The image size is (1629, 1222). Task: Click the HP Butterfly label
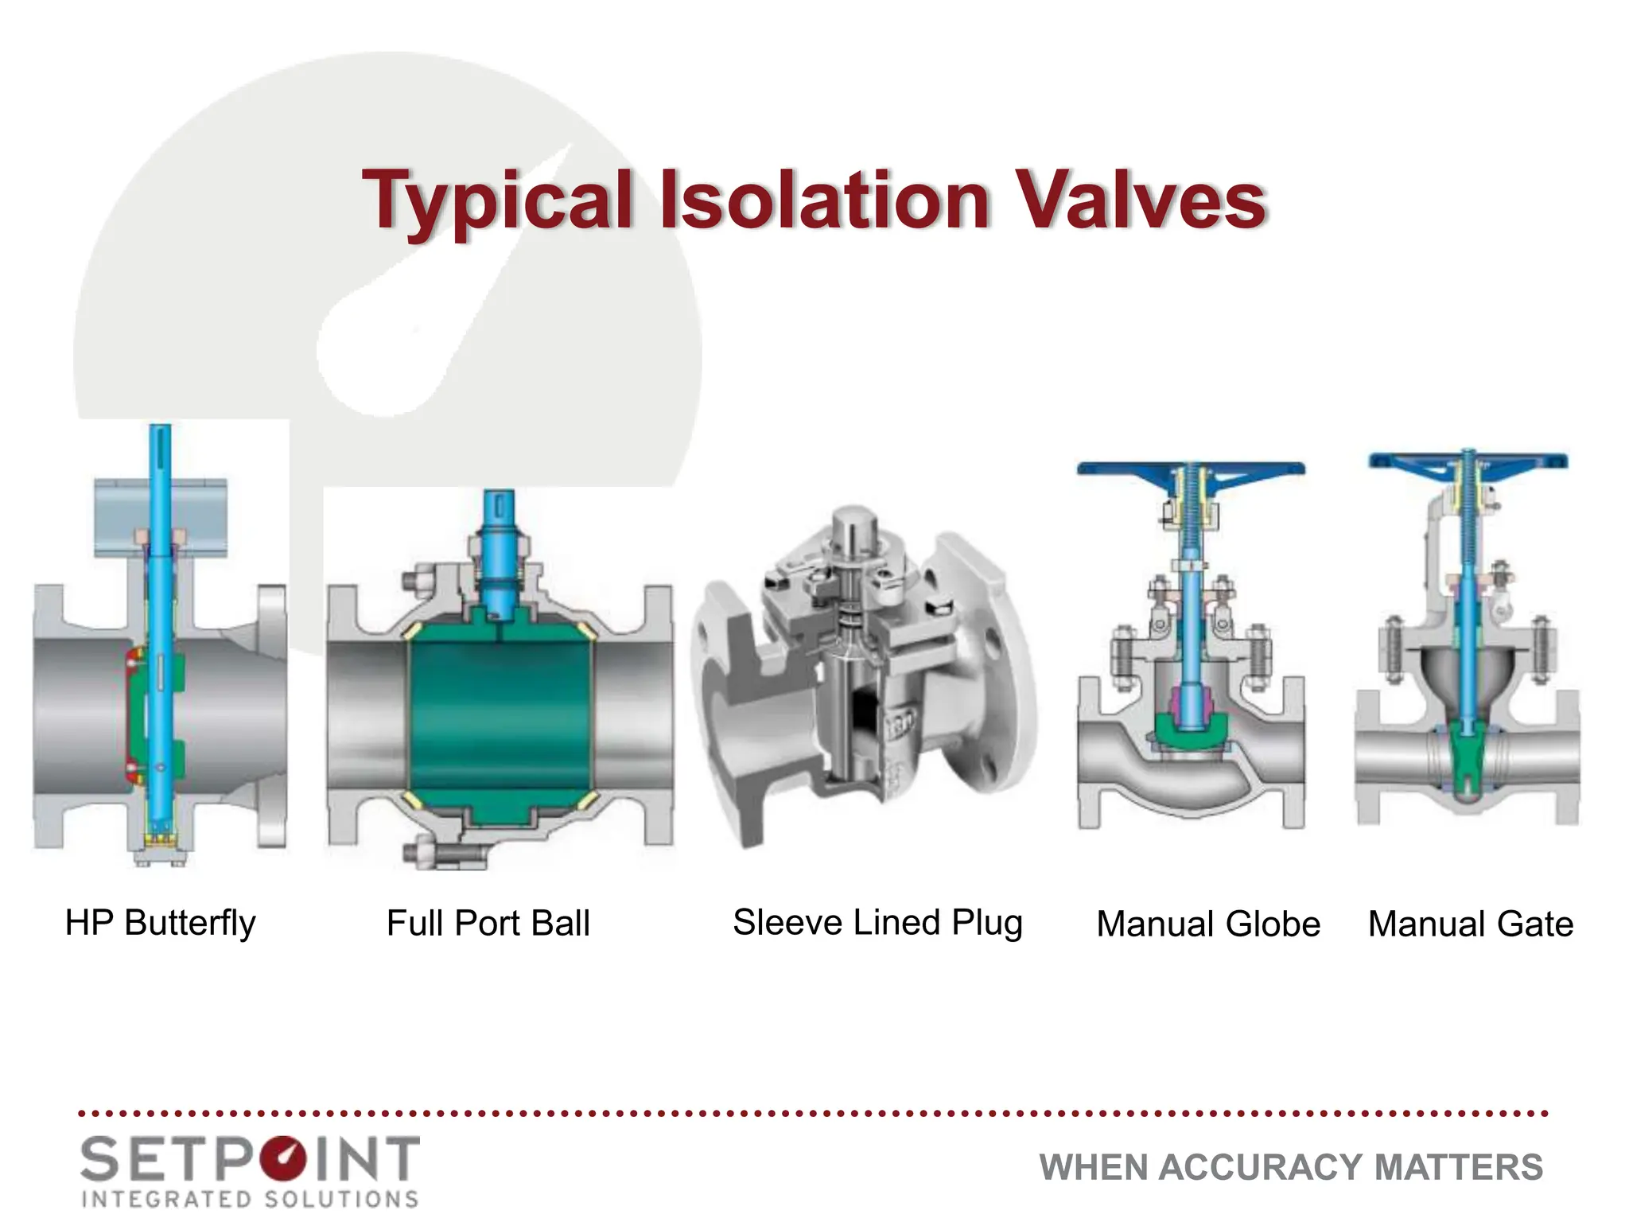click(x=160, y=923)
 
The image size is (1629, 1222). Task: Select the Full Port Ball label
click(x=488, y=923)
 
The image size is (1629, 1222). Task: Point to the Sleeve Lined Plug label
click(x=877, y=923)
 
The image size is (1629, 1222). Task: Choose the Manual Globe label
click(x=1207, y=924)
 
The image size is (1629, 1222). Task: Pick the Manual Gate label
click(x=1470, y=924)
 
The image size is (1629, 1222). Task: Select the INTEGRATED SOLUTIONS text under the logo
click(x=251, y=1199)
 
